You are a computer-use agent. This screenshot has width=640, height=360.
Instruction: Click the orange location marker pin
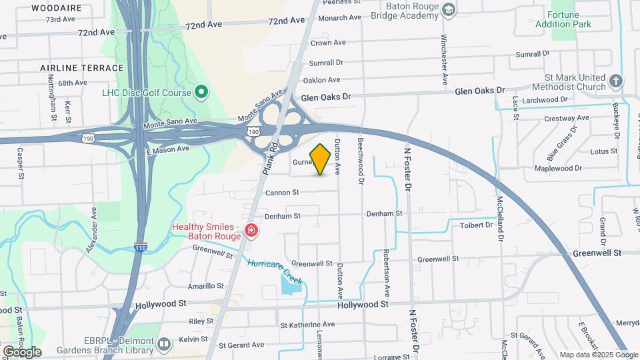[320, 159]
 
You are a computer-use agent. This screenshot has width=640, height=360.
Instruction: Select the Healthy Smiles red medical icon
[251, 231]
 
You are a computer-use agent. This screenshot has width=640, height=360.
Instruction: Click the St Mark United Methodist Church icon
[616, 82]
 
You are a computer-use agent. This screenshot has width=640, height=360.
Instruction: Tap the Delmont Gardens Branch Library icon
[164, 344]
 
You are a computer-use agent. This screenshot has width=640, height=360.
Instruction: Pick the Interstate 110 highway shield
[140, 246]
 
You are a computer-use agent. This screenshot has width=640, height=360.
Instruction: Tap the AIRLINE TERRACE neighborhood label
[82, 68]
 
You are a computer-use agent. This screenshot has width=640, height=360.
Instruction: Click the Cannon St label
[281, 193]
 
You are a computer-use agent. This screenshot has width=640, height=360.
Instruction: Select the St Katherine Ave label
[307, 325]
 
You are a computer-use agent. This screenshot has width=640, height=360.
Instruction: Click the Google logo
[22, 352]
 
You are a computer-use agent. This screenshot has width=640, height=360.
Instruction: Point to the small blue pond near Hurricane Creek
[291, 285]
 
